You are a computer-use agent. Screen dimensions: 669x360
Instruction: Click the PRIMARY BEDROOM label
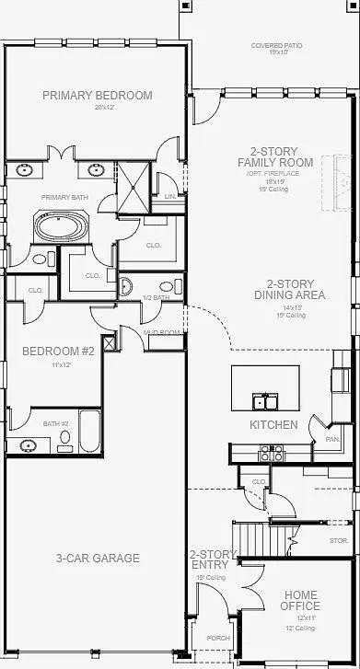pyautogui.click(x=97, y=95)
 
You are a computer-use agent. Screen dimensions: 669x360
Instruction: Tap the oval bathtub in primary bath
pyautogui.click(x=58, y=225)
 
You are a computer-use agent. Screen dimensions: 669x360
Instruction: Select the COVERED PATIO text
pyautogui.click(x=275, y=45)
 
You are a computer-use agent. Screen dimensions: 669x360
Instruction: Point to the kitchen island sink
pyautogui.click(x=267, y=401)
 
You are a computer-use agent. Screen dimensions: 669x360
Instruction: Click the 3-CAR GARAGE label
pyautogui.click(x=97, y=558)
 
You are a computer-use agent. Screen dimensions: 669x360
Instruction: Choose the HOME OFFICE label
pyautogui.click(x=301, y=600)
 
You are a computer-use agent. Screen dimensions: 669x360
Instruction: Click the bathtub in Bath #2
pyautogui.click(x=89, y=431)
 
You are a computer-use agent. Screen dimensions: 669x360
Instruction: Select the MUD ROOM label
pyautogui.click(x=161, y=332)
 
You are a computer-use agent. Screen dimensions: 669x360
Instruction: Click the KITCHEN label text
pyautogui.click(x=273, y=425)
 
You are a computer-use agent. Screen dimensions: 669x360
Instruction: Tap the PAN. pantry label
pyautogui.click(x=332, y=441)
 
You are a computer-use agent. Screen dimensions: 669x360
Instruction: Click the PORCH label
pyautogui.click(x=217, y=638)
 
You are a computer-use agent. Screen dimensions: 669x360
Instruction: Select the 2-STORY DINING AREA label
pyautogui.click(x=290, y=290)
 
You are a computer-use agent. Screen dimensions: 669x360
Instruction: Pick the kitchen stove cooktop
pyautogui.click(x=273, y=452)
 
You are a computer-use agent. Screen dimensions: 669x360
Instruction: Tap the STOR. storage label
pyautogui.click(x=338, y=541)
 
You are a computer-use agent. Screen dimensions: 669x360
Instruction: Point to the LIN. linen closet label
pyautogui.click(x=169, y=197)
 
